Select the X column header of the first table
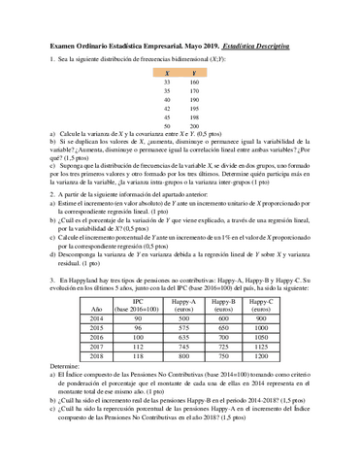click(x=167, y=72)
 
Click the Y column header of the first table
click(x=194, y=72)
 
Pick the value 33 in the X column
click(x=167, y=83)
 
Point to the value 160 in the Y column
click(x=194, y=83)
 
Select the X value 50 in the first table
click(x=167, y=126)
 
